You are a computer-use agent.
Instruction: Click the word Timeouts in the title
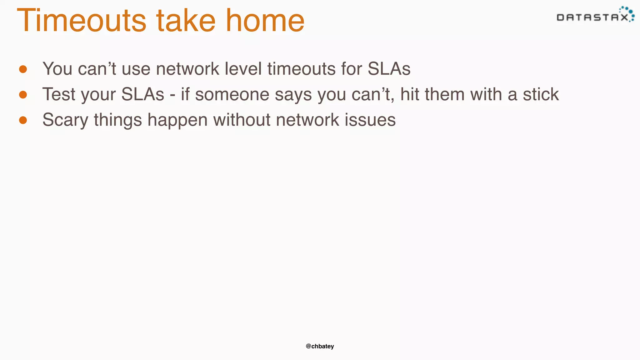click(x=81, y=21)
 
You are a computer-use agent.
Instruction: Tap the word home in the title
click(x=265, y=21)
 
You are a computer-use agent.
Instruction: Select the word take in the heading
click(x=186, y=21)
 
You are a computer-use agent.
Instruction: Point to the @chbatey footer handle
click(x=320, y=346)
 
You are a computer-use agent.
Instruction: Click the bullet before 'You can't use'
click(x=23, y=69)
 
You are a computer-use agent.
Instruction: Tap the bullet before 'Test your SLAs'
click(x=23, y=94)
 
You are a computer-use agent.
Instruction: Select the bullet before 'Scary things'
click(x=23, y=120)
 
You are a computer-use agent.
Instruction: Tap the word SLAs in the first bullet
click(x=389, y=69)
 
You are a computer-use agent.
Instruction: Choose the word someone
click(x=232, y=94)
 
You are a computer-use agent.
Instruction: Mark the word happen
click(x=177, y=120)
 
